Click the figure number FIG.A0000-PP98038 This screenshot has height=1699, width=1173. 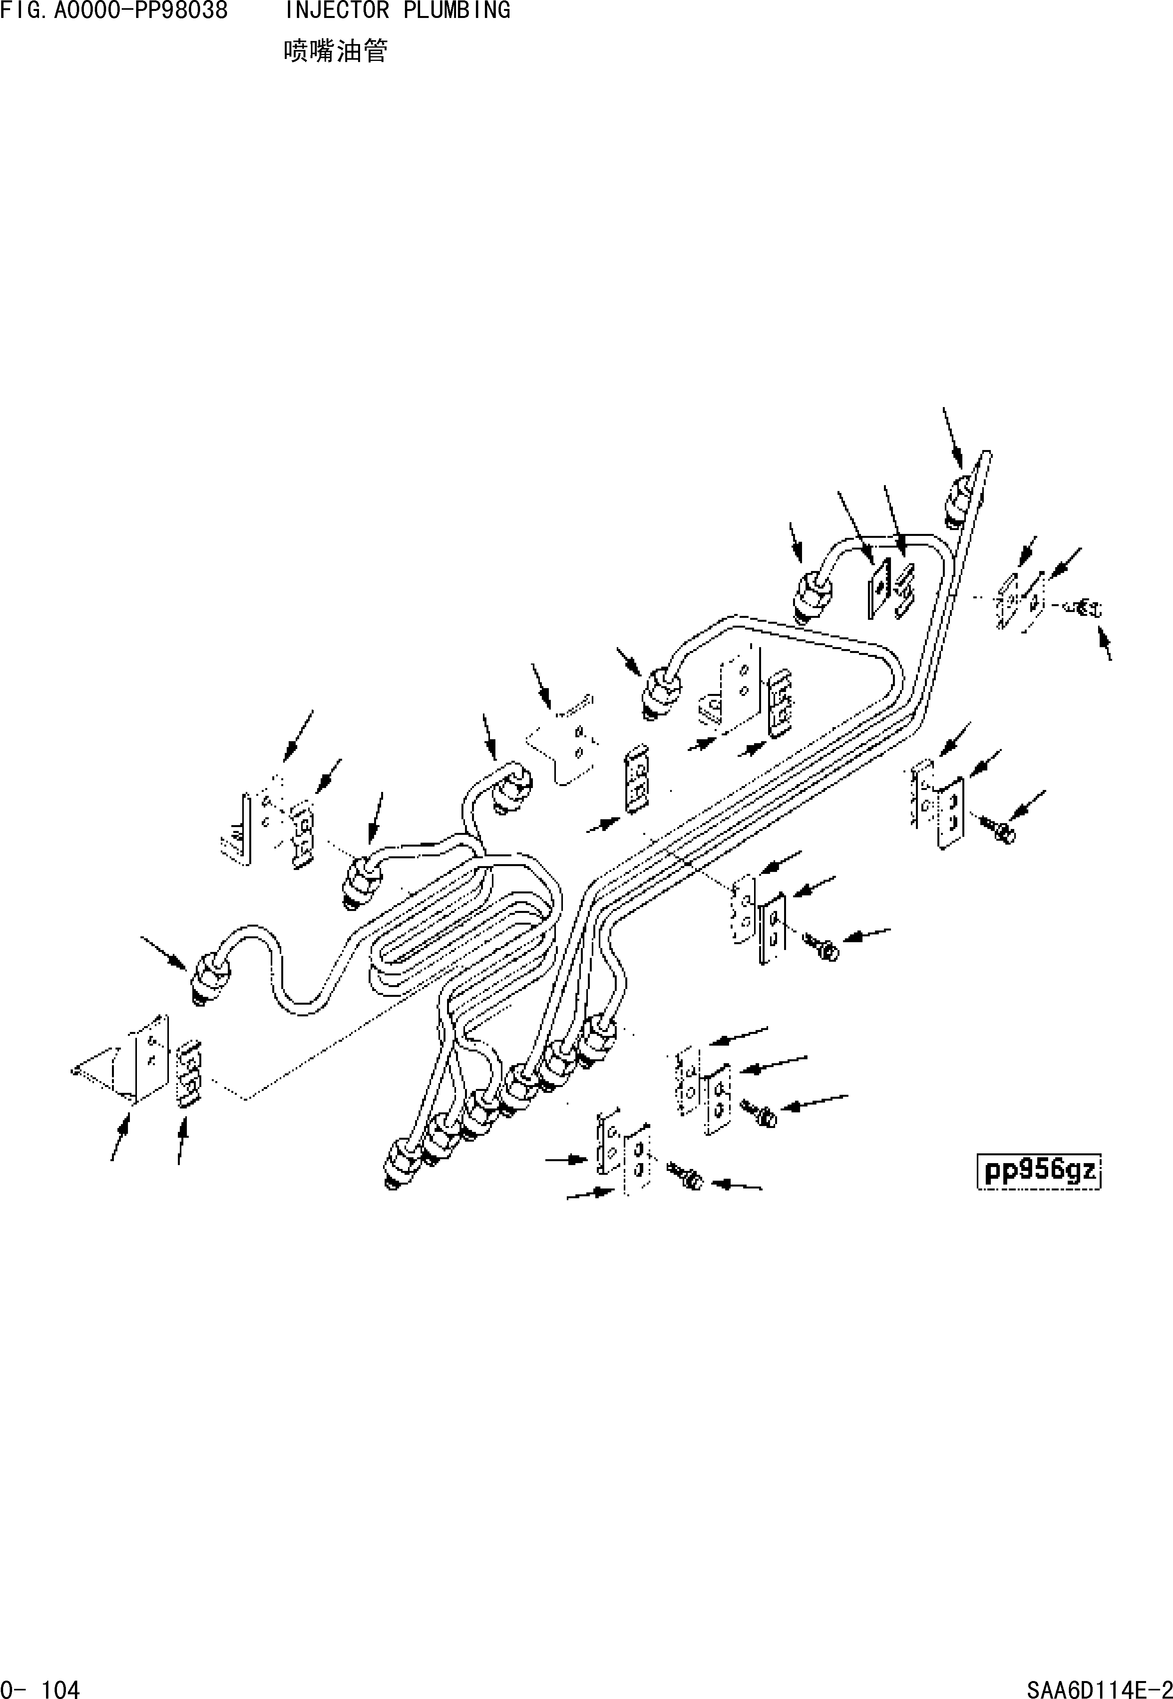tap(114, 11)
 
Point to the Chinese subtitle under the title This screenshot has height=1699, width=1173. tap(335, 52)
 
